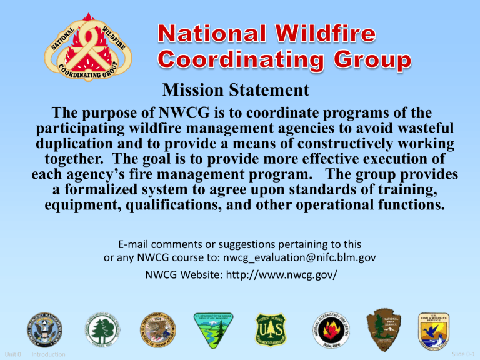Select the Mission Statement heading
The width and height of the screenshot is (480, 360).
236,91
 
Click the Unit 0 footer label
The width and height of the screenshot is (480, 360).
16,355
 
